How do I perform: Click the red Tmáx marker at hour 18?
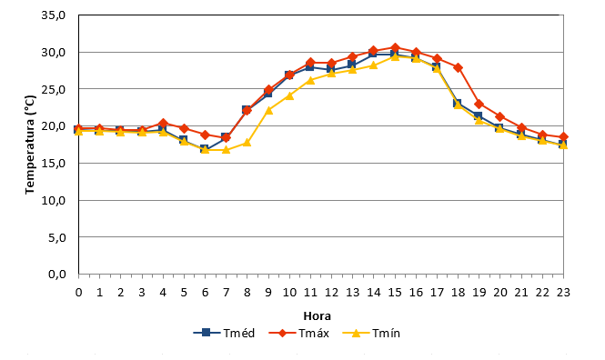pyautogui.click(x=458, y=68)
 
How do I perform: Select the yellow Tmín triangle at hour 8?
pyautogui.click(x=247, y=143)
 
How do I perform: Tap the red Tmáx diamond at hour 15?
pyautogui.click(x=395, y=48)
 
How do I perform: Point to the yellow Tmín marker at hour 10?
pyautogui.click(x=289, y=95)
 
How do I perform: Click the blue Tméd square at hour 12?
pyautogui.click(x=331, y=68)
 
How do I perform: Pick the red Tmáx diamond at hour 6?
pyautogui.click(x=205, y=135)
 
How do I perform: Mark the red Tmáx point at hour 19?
pyautogui.click(x=479, y=104)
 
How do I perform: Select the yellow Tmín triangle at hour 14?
pyautogui.click(x=374, y=65)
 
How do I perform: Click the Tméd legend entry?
pyautogui.click(x=224, y=333)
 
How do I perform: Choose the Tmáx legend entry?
pyautogui.click(x=298, y=333)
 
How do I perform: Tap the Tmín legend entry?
pyautogui.click(x=371, y=333)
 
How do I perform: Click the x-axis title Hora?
pyautogui.click(x=318, y=316)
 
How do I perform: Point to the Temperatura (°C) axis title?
pyautogui.click(x=30, y=145)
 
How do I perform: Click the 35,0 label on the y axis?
pyautogui.click(x=54, y=15)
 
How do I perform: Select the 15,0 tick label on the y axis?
pyautogui.click(x=54, y=163)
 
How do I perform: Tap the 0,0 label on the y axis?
pyautogui.click(x=57, y=274)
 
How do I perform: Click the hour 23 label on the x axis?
pyautogui.click(x=563, y=293)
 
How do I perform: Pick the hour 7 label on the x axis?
pyautogui.click(x=227, y=293)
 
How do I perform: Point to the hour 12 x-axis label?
pyautogui.click(x=331, y=293)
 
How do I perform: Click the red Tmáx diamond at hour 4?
pyautogui.click(x=163, y=124)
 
